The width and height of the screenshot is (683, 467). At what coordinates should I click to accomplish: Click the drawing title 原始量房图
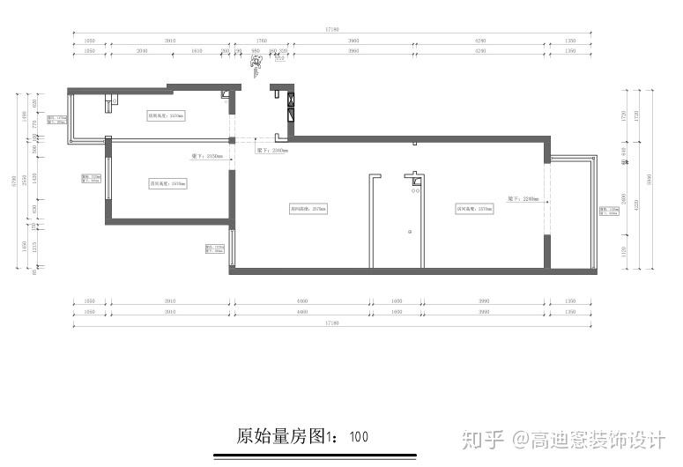281,436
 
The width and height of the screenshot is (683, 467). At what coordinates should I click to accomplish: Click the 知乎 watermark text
484,438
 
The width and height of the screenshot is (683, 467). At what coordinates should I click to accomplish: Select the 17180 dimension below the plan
331,323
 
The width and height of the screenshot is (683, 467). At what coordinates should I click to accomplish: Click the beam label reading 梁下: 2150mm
208,156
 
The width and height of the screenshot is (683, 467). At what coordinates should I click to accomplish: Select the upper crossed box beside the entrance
290,100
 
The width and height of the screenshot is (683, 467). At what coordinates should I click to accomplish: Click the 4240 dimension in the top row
480,41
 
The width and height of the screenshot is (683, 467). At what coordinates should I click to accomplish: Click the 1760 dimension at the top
261,41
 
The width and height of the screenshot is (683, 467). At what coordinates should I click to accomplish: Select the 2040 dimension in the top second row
142,52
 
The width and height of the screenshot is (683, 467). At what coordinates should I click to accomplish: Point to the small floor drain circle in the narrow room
410,231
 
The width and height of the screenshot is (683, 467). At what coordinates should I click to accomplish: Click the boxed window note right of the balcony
608,211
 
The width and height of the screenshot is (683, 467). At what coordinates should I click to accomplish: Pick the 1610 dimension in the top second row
197,52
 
